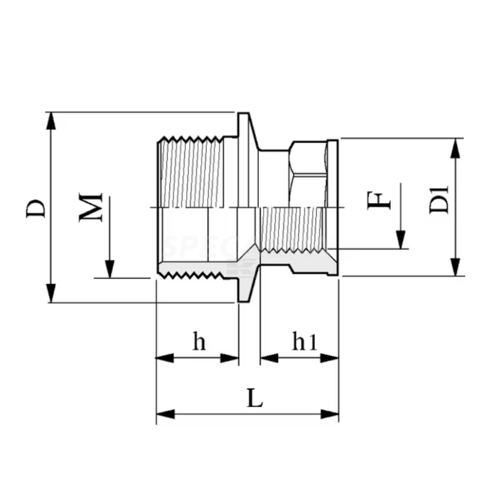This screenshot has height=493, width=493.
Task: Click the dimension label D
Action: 36,208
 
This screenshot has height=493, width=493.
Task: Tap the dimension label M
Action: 91,208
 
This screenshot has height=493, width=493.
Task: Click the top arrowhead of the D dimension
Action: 52,120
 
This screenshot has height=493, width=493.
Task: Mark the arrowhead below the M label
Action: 109,270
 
